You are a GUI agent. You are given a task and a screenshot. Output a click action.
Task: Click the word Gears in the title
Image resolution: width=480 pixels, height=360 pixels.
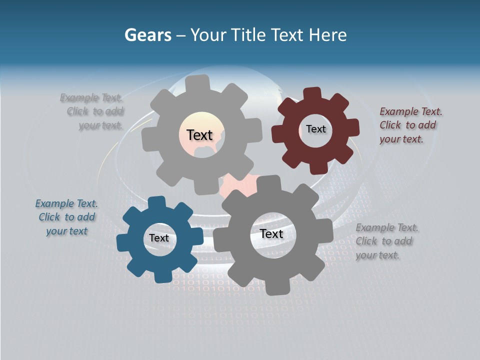point(147,35)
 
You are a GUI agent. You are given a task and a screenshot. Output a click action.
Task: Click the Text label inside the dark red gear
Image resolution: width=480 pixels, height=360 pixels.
point(315,129)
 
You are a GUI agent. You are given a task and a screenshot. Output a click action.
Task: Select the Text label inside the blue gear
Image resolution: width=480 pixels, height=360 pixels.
point(159,238)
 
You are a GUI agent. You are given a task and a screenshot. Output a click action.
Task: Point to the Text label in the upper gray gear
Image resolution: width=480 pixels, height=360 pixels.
point(199,135)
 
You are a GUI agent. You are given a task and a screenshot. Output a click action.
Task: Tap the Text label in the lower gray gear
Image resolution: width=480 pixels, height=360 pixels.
point(271,234)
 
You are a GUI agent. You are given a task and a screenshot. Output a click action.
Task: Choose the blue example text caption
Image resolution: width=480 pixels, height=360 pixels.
point(66,217)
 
